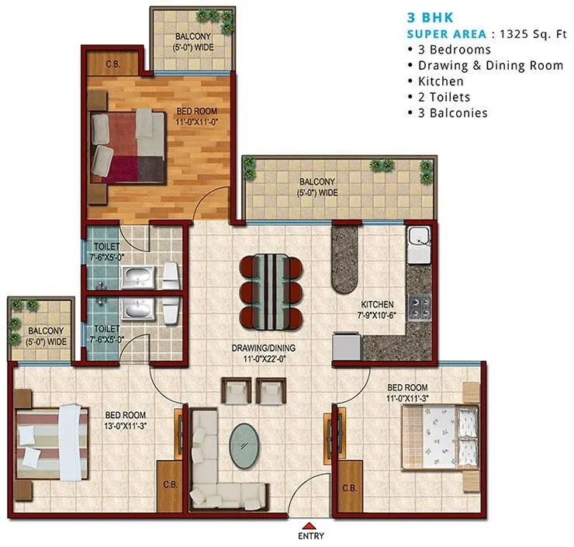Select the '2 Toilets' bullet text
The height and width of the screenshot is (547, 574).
(x=444, y=97)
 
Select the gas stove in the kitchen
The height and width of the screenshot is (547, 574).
(x=421, y=309)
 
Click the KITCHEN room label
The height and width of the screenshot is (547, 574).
(x=376, y=304)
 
